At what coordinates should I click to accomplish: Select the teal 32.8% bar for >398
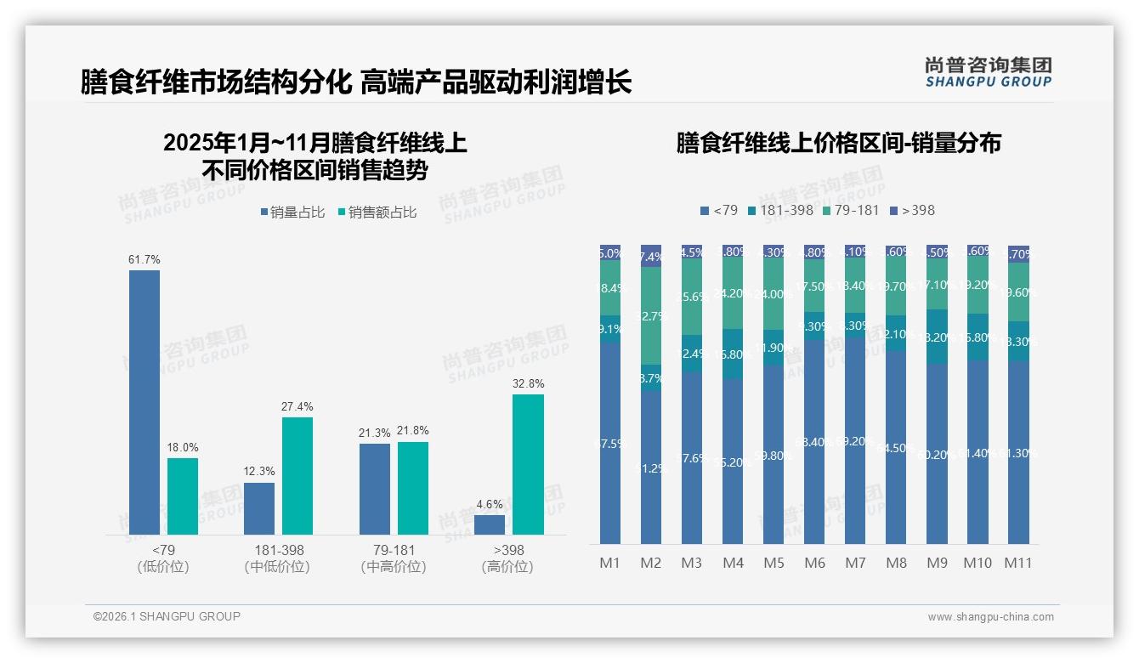tap(528, 464)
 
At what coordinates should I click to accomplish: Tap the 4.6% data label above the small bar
tap(490, 505)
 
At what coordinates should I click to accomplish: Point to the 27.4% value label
tap(297, 407)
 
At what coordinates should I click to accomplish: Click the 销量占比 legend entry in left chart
tap(292, 212)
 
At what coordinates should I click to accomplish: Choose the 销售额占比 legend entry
tap(377, 212)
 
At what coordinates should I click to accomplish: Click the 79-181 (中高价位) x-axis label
tap(394, 558)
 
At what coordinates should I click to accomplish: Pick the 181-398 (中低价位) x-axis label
tap(279, 558)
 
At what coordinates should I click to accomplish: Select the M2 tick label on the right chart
tap(651, 563)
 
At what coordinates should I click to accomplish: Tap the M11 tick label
tap(1017, 563)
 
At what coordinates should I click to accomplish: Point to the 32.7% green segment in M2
tap(651, 315)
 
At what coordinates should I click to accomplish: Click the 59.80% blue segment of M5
tap(773, 455)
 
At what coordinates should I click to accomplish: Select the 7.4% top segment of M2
tap(651, 256)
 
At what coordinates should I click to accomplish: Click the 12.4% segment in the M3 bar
tap(692, 353)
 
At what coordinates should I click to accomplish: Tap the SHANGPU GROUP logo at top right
tap(988, 72)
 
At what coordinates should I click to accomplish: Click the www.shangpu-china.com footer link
tap(990, 617)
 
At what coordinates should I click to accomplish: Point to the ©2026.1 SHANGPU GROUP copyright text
tap(167, 616)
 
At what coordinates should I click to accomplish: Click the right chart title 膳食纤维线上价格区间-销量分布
tap(838, 143)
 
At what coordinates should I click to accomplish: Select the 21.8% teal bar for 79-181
tap(413, 488)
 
